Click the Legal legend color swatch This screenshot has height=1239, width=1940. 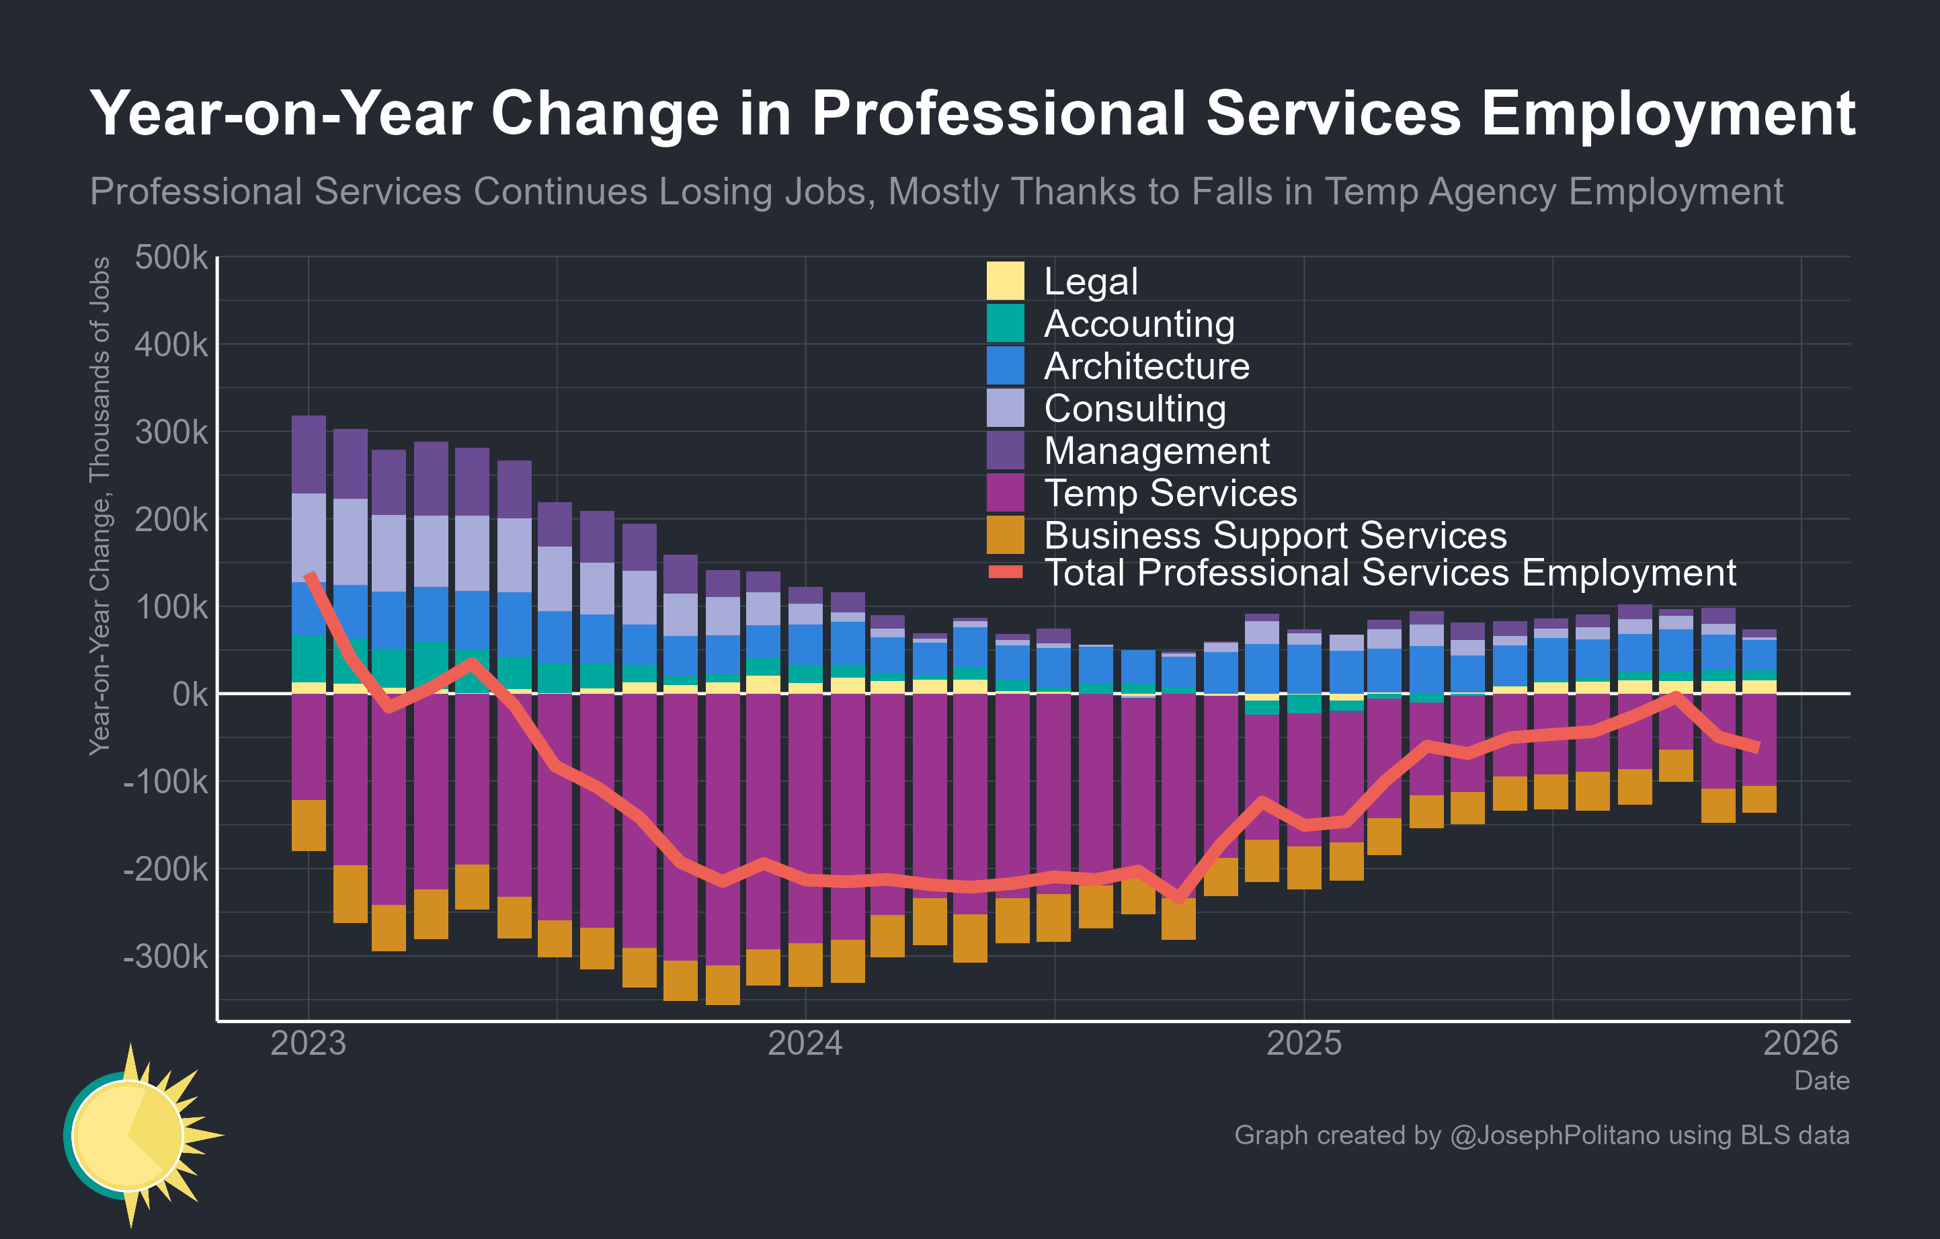(1005, 280)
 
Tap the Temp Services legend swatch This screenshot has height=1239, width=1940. (1005, 492)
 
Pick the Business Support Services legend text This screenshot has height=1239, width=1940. (1275, 536)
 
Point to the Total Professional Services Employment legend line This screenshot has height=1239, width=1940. (1005, 572)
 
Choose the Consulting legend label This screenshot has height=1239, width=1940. (1134, 409)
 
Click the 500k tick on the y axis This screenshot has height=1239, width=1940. (171, 257)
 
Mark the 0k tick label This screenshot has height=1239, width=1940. (190, 694)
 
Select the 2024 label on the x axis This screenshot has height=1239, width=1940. (805, 1044)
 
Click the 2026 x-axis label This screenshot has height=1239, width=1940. (1801, 1044)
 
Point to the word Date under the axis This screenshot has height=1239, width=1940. (1822, 1081)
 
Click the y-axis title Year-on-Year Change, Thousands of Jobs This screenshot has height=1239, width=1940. (100, 506)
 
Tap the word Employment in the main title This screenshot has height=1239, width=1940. (1668, 114)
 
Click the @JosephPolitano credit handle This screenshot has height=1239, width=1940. (1554, 1135)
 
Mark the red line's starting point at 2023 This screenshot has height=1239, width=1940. (309, 575)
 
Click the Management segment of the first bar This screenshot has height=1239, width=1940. (309, 454)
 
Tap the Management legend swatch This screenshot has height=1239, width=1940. (1005, 450)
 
